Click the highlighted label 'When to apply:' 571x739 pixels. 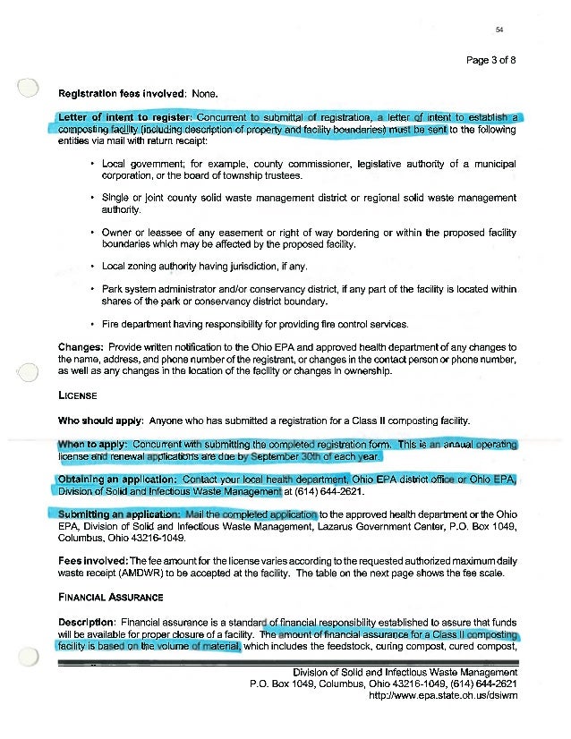(94, 445)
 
